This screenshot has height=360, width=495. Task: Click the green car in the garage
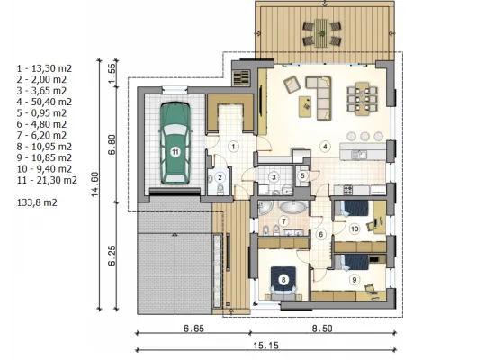[x=175, y=143]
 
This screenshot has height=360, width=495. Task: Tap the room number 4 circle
[x=325, y=146]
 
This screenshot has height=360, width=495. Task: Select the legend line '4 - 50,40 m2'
[x=44, y=102]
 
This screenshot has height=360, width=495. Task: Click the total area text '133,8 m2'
[x=37, y=202]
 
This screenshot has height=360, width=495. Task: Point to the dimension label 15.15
[x=265, y=346]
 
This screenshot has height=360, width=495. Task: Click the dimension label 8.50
[x=322, y=328]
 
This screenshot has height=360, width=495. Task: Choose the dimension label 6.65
[x=193, y=328]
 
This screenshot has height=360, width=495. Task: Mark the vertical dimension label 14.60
[x=94, y=184]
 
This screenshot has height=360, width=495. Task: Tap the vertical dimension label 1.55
[x=112, y=73]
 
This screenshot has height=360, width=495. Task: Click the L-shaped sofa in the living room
[x=319, y=97]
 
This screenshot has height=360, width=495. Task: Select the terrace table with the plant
[x=321, y=32]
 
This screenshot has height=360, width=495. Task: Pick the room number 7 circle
[x=283, y=221]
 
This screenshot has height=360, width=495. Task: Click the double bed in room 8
[x=283, y=283]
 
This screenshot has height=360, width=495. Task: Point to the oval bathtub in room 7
[x=292, y=207]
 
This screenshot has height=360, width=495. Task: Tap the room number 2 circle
[x=220, y=177]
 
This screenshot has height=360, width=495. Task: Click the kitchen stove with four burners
[x=348, y=190]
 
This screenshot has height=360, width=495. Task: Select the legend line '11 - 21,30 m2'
[x=47, y=180]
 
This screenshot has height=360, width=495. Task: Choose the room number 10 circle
[x=355, y=229]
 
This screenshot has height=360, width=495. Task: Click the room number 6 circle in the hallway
[x=321, y=234]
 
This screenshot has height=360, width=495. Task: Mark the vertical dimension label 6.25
[x=112, y=256]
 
